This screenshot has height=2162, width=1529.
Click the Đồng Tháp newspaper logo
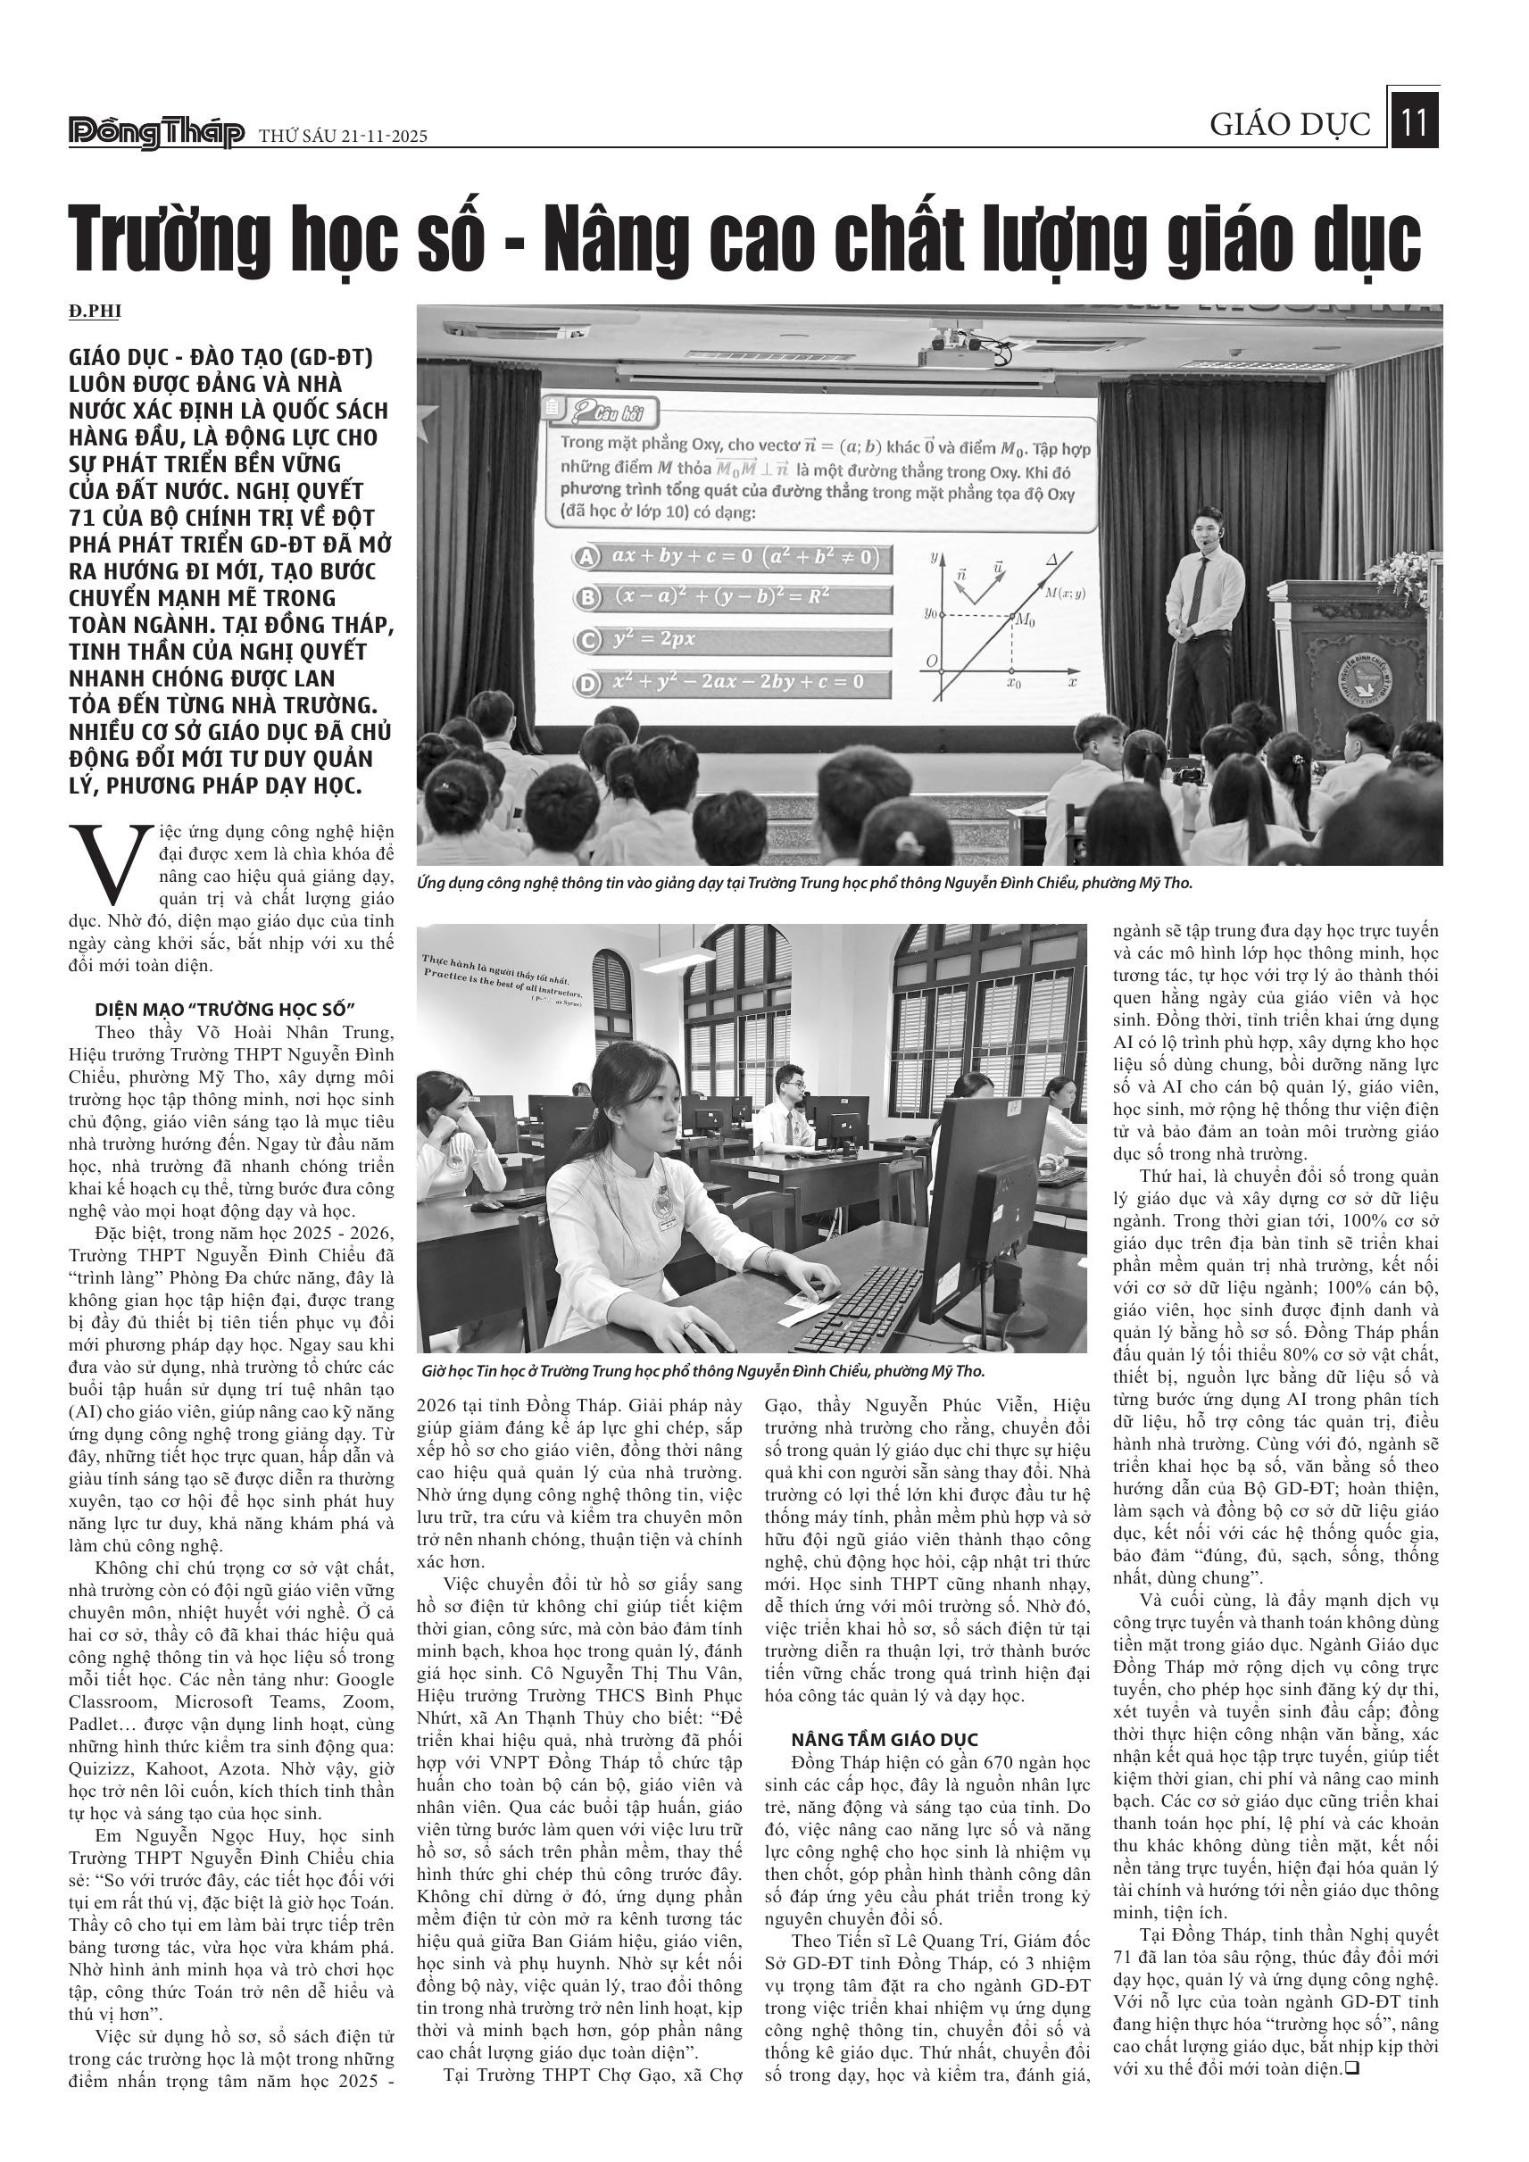coord(156,134)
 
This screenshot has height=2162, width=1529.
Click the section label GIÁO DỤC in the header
coord(1290,125)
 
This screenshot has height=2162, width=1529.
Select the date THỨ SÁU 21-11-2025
coord(343,137)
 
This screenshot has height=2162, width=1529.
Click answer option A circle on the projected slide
coord(587,556)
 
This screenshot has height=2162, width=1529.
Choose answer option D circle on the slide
coord(587,683)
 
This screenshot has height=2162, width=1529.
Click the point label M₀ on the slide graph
coord(1024,621)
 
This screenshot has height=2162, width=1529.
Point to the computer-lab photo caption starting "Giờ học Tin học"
coord(702,1372)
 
